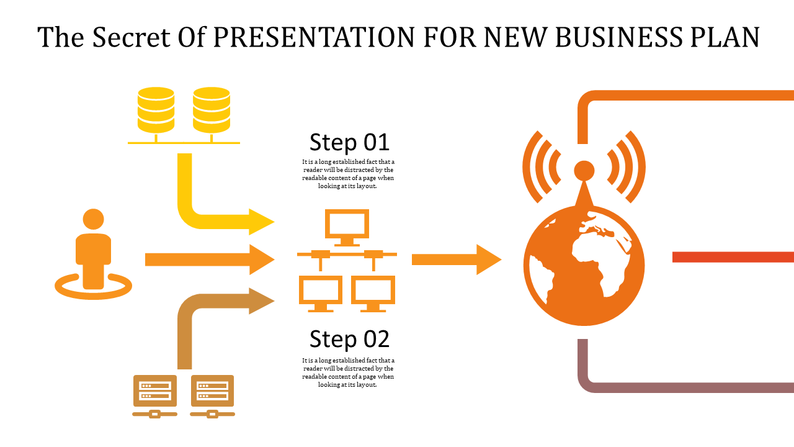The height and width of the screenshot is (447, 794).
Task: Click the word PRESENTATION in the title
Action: click(x=314, y=37)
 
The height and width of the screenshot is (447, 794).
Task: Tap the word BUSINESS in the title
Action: click(x=618, y=37)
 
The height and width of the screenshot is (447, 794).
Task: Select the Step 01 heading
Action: click(x=349, y=142)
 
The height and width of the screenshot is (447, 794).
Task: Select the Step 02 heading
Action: click(x=349, y=339)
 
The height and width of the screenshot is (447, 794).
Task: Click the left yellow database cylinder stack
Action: click(x=156, y=110)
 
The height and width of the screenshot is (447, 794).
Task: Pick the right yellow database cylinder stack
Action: click(x=212, y=110)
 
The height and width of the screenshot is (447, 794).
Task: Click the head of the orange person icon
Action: click(x=93, y=219)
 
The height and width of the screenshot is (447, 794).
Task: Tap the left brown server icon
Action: click(x=155, y=396)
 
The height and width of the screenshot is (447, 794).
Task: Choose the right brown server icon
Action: click(x=212, y=396)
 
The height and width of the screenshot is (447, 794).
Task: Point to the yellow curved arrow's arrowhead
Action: click(x=262, y=222)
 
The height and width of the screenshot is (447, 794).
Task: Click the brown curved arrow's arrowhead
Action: click(x=262, y=301)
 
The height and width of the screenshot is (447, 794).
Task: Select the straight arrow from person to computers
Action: click(x=210, y=260)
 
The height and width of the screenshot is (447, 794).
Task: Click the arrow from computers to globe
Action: click(x=457, y=260)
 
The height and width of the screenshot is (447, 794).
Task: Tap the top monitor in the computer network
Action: click(x=347, y=228)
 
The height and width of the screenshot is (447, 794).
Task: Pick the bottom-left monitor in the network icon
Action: click(x=321, y=294)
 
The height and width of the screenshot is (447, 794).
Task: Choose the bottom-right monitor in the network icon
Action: click(x=373, y=294)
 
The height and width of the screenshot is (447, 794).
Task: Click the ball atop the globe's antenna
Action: click(x=584, y=171)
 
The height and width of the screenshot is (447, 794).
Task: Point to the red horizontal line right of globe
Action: click(x=733, y=257)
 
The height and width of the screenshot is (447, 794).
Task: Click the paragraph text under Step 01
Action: click(x=348, y=174)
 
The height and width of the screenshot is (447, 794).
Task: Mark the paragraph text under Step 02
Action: click(x=348, y=372)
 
